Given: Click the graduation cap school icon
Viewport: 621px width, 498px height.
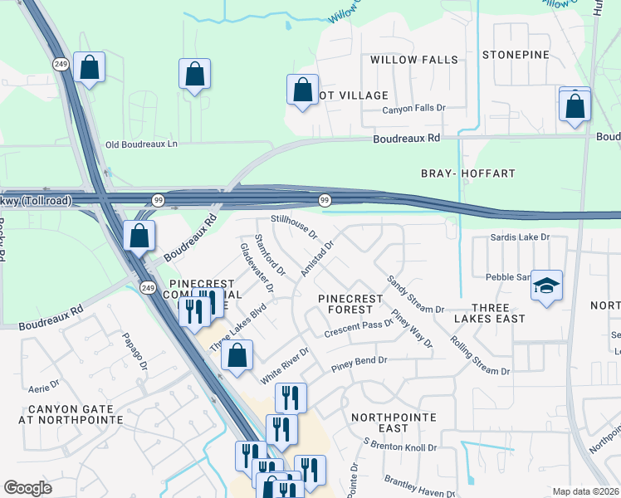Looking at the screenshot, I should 547,286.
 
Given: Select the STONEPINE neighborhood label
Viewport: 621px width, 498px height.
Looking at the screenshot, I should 516,55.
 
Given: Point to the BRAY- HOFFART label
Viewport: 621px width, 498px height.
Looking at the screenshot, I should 468,173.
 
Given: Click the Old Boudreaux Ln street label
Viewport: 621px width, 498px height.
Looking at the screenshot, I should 141,144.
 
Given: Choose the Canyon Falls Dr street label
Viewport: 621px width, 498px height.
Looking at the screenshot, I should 413,109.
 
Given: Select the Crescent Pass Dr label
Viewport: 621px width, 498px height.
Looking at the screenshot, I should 358,328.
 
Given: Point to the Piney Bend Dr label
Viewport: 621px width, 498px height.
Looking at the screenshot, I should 359,361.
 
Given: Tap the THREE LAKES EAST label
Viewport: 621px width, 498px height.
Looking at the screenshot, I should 489,319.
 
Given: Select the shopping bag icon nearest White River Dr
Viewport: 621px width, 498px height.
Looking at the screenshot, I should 237,356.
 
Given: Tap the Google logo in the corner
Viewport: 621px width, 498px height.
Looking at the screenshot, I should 27,488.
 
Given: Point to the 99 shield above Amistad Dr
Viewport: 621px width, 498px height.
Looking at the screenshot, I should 324,199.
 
